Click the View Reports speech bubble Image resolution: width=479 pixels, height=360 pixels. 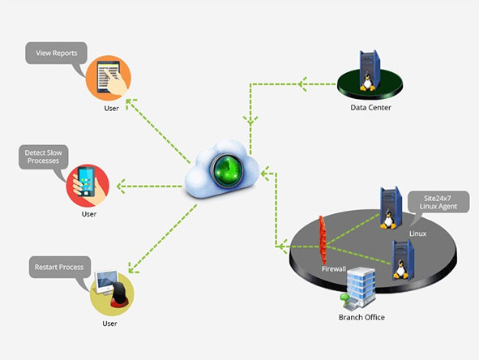coord(56,54)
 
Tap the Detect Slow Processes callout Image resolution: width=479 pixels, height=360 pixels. coord(44,156)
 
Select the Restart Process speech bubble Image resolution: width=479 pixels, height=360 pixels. coord(60,267)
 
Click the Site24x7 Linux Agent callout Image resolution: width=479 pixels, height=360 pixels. coord(438,202)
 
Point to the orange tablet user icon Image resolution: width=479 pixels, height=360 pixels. coord(109,78)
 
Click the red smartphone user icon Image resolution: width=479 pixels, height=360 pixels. coord(88,186)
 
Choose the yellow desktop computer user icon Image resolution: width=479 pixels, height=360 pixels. coord(112,294)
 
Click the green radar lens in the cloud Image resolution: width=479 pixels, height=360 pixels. coord(227,170)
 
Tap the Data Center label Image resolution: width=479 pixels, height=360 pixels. coord(370,108)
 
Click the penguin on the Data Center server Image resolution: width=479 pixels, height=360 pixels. coord(367,83)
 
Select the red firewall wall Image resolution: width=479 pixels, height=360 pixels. coord(323,240)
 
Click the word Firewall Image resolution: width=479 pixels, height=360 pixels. coord(334,269)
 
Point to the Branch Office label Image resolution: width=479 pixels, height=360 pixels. coord(361,318)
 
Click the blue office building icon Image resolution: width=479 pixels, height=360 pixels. coord(360,288)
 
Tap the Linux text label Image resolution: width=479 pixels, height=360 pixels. coord(417,234)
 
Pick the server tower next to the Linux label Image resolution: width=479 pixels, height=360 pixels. coord(391,208)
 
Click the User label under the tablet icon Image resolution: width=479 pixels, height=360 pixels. coord(111,108)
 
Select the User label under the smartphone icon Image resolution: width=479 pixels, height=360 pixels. coord(89,214)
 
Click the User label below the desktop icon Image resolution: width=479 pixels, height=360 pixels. coord(109,324)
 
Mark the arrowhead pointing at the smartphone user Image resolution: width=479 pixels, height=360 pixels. coord(121,186)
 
